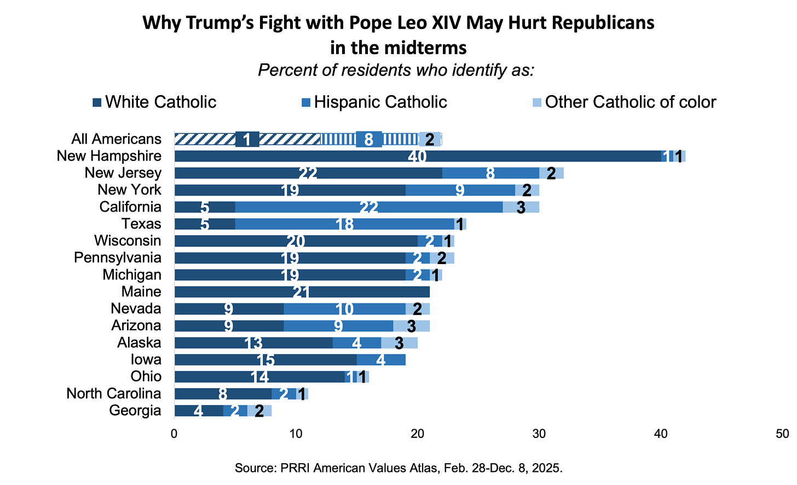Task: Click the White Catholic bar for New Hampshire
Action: point(383,156)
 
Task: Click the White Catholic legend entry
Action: point(155,102)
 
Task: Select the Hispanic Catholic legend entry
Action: point(374,102)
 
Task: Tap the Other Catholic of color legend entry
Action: point(624,102)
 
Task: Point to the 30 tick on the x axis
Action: point(539,434)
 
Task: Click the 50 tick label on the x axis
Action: point(782,434)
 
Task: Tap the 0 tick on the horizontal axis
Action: point(174,434)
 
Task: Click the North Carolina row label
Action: point(114,394)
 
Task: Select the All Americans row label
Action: point(117,139)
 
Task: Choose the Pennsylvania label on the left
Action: point(118,258)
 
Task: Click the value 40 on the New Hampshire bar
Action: point(417,156)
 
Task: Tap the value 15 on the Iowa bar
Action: point(265,360)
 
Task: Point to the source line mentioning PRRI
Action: point(399,468)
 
